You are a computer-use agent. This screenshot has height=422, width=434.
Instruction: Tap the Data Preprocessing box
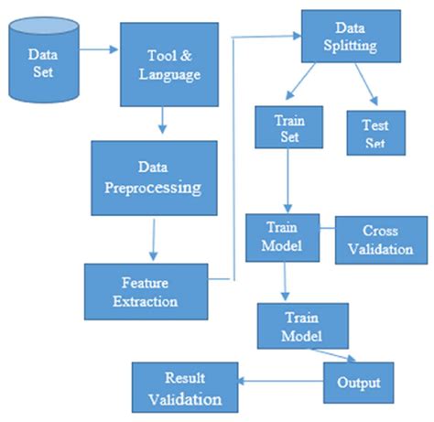154,178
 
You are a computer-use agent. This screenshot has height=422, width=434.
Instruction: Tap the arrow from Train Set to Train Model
288,183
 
